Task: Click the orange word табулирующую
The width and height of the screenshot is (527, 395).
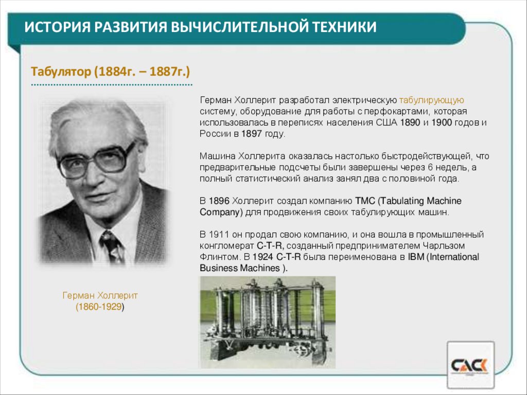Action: (x=432, y=100)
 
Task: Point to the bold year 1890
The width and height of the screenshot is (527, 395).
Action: (x=410, y=123)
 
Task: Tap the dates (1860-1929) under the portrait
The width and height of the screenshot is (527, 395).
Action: (x=100, y=307)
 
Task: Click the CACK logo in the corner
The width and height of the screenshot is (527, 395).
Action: (x=470, y=366)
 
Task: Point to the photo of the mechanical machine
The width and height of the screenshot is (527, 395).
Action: (x=267, y=322)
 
